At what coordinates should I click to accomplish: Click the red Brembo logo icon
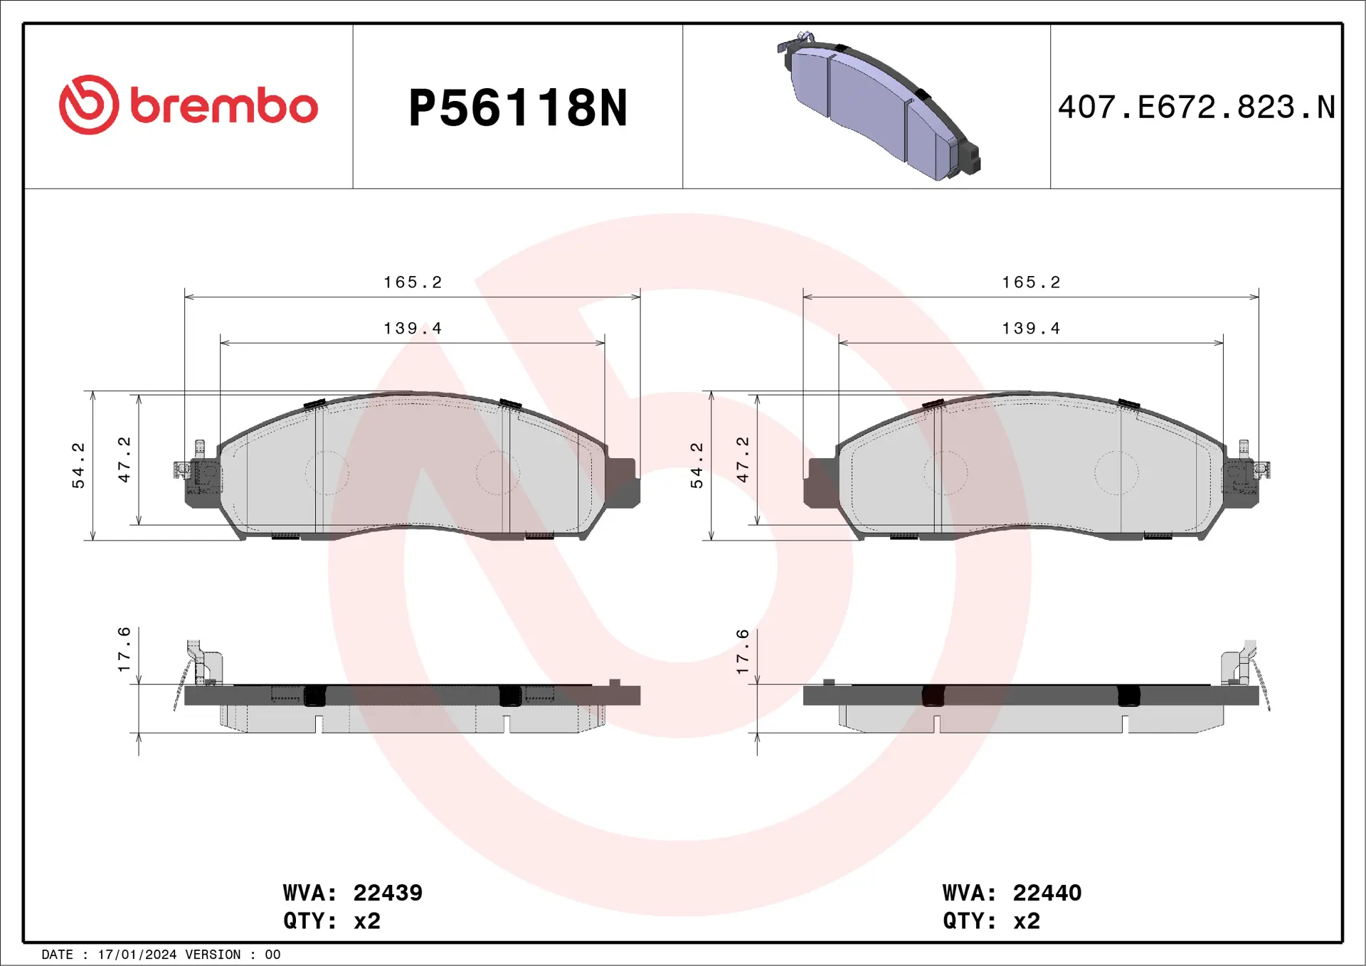89,105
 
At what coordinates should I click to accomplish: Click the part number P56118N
518,108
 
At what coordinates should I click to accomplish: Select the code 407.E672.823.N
1196,107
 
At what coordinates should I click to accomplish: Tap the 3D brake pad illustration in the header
879,107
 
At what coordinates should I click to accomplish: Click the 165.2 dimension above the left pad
413,282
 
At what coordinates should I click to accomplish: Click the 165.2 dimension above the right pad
1031,282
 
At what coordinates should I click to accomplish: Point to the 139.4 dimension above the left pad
413,329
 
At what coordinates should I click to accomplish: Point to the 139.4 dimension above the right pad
1031,329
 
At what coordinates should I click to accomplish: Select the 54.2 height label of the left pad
78,465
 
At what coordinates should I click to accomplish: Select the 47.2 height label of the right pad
743,460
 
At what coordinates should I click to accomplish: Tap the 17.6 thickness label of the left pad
125,649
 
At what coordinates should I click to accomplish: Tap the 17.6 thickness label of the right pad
743,652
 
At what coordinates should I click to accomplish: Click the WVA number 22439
388,893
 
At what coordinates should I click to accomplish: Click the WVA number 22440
1047,893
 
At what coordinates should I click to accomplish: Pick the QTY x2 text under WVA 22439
332,921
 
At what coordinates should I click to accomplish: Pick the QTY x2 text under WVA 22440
991,921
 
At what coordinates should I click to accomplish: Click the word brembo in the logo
224,107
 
